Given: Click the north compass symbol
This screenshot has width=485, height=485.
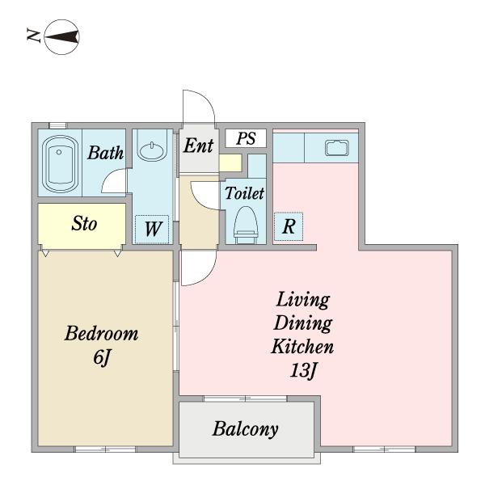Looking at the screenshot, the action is [62, 37].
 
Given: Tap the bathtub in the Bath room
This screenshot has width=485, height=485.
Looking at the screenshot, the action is [59, 164].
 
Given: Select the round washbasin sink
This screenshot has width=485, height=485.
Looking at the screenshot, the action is [152, 151].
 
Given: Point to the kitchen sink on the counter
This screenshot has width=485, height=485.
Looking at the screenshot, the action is [337, 148].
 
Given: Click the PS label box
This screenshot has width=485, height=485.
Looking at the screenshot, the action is [246, 138].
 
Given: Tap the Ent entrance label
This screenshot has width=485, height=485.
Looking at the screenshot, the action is [199, 145].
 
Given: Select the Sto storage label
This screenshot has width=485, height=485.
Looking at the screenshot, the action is [84, 223].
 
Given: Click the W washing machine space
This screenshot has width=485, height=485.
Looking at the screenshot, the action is [152, 230].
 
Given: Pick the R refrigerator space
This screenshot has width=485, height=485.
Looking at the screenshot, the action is [289, 226].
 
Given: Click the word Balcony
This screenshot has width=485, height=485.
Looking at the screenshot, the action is [245, 429].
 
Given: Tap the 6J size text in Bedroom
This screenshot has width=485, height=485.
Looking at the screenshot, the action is [102, 358].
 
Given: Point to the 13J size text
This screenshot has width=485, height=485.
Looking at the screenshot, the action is [303, 370].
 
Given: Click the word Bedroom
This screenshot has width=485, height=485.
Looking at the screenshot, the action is [102, 333].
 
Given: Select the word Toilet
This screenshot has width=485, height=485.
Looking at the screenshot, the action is [244, 193].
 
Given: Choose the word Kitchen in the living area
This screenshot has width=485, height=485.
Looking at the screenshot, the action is [303, 347].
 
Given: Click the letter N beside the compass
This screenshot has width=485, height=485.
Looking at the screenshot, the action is [34, 36].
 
